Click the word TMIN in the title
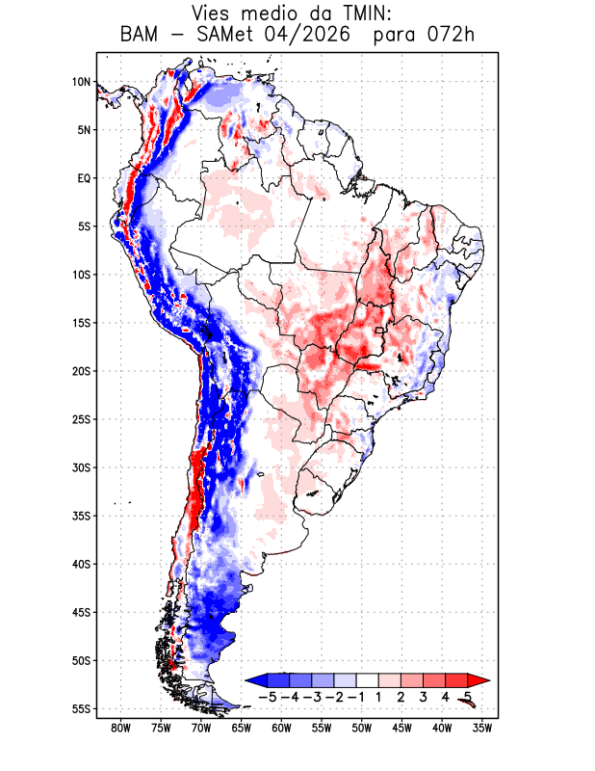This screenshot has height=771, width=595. tap(361, 13)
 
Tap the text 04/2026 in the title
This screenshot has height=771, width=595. tap(308, 35)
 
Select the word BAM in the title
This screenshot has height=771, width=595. tap(140, 35)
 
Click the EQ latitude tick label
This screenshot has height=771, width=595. tap(84, 178)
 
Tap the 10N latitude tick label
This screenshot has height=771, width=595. tap(82, 82)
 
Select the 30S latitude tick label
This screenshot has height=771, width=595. tap(82, 467)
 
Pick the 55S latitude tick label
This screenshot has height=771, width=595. tap(82, 709)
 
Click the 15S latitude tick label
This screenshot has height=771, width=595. tap(82, 323)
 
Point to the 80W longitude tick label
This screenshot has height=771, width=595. tap(121, 729)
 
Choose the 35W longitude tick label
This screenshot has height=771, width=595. tap(482, 729)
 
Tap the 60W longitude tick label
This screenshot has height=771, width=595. tap(281, 729)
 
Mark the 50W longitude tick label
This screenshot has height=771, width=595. tap(362, 729)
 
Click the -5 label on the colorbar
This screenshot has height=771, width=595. tap(267, 697)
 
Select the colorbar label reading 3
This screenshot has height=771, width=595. tap(423, 697)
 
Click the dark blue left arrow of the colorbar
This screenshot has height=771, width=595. tap(256, 680)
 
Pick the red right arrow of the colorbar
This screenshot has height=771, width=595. tap(479, 680)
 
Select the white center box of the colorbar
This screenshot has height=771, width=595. tap(368, 680)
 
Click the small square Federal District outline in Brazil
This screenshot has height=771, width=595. tap(378, 331)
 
